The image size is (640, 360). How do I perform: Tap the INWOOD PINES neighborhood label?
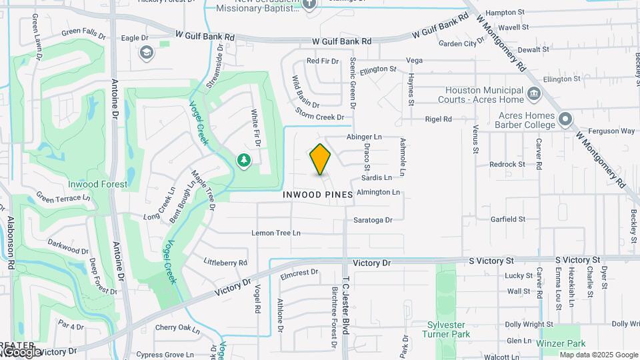[x=318, y=195]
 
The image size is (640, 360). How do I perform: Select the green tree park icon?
[x=244, y=160]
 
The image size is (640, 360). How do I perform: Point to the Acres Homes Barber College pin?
[x=566, y=119]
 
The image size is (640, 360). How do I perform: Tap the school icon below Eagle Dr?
[x=147, y=53]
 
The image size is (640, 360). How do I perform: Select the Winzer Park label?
[x=561, y=343]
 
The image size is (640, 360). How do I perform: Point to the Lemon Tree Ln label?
[x=276, y=233]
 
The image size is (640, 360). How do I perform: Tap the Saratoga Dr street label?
[x=373, y=220]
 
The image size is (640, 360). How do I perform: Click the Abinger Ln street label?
[x=364, y=137]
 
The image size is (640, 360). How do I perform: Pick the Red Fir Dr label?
[x=323, y=61]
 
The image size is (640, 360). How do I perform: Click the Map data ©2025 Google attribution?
[x=598, y=355]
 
